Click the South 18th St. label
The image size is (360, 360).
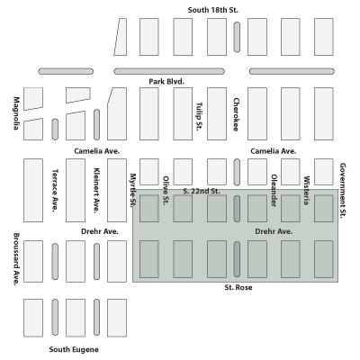213,10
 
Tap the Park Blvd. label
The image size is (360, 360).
166,81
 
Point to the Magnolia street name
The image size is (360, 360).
16,113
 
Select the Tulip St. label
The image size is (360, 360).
199,116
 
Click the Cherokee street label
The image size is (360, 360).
236,114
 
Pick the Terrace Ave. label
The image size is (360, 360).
55,191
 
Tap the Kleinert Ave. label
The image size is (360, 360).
96,191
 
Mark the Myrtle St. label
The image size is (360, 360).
133,190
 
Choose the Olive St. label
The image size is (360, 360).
166,191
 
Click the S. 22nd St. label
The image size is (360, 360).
202,191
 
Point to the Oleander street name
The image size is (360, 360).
274,191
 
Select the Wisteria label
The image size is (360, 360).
306,191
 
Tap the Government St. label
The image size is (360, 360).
343,191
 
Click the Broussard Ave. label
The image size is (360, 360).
16,259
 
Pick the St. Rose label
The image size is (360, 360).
238,287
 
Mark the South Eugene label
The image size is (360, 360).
74,349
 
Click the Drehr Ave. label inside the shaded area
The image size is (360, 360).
274,231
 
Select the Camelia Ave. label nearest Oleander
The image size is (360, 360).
274,151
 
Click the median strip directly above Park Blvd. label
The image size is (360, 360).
169,71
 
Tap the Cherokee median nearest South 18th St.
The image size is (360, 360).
237,37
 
